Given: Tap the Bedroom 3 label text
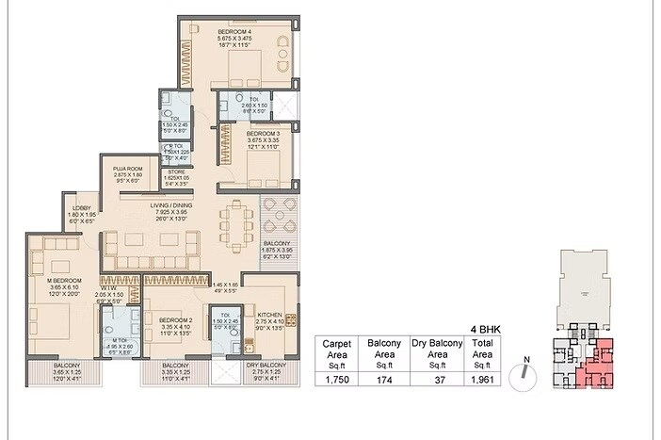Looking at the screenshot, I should click(x=235, y=134).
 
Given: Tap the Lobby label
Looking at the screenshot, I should click(x=76, y=209).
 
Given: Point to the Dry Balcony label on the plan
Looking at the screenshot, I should click(x=266, y=365).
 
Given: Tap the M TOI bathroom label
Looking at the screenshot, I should click(x=120, y=340).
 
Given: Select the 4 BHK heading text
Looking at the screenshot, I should click(x=483, y=329).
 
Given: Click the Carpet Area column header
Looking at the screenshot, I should click(x=337, y=350).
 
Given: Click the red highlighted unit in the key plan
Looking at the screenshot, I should click(x=599, y=364).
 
